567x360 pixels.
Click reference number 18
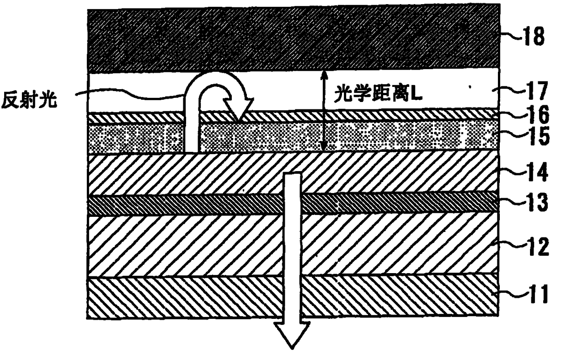535,37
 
